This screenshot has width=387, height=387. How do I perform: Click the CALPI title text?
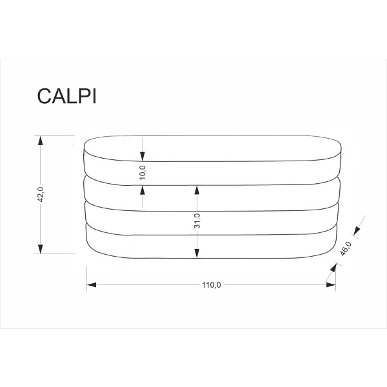(66, 95)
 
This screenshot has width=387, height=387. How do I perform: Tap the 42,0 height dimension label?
(41, 195)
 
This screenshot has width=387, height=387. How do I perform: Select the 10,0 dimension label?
(143, 172)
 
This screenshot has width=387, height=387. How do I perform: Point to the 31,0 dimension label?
(197, 221)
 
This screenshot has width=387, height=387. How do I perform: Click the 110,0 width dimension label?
(212, 285)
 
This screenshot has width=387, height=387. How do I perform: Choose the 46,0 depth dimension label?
(346, 248)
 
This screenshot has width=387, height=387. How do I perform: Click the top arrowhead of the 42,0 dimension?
(40, 140)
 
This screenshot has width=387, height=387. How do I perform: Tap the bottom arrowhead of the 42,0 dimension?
(40, 249)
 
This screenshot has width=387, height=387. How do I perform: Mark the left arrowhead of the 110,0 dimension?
(92, 285)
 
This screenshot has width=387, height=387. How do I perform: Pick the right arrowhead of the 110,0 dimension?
(331, 285)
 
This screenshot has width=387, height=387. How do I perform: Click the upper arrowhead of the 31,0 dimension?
(197, 190)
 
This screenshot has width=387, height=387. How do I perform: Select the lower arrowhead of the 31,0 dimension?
(197, 253)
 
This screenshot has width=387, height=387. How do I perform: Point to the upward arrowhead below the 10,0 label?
(143, 190)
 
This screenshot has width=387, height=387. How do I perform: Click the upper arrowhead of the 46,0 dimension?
(357, 231)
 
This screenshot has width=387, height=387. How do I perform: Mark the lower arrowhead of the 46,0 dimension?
(333, 268)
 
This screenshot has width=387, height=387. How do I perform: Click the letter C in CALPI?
(45, 95)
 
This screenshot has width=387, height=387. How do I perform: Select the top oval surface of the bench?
(212, 148)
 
